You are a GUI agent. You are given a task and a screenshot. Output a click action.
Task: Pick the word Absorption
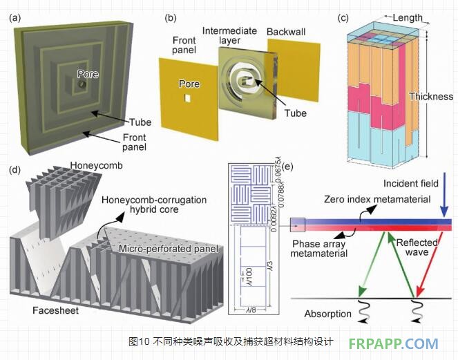tap(327, 314)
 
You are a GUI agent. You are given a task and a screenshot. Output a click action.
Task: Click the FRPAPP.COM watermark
tap(393, 343)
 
